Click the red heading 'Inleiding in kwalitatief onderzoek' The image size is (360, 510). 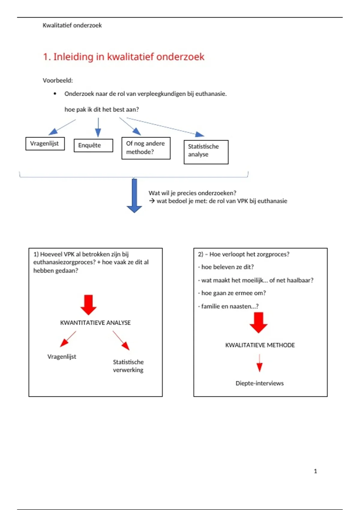(124, 57)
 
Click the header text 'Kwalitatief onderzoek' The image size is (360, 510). (72, 25)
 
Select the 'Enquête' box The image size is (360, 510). (93, 145)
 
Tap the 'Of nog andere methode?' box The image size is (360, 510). (146, 148)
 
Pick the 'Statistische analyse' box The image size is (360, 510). (206, 152)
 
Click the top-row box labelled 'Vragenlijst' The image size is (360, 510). (45, 143)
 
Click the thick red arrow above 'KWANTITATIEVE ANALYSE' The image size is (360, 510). (88, 305)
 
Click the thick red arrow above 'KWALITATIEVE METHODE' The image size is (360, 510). (258, 322)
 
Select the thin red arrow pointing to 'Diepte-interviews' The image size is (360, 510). (259, 363)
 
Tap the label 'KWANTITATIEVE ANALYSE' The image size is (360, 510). (95, 323)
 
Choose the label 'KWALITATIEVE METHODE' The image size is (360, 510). (260, 345)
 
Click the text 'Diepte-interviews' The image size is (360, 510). (259, 383)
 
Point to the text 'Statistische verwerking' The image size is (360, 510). (128, 366)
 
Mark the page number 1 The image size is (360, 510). (315, 471)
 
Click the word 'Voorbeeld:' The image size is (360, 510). (58, 80)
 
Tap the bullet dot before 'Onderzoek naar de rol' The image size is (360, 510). (55, 94)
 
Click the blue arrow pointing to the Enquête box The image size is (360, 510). (98, 127)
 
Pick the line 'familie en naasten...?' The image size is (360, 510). (228, 306)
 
